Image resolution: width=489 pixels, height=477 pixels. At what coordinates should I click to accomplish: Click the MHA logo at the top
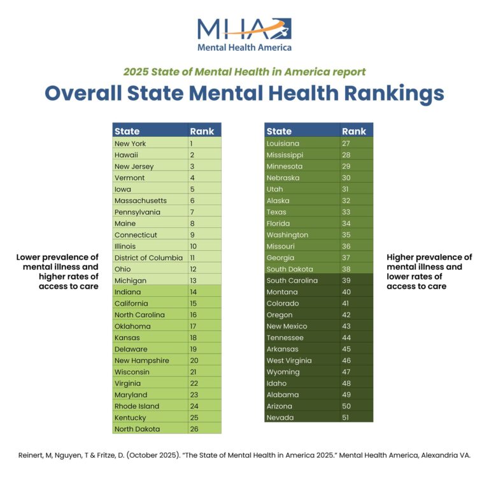point(244,33)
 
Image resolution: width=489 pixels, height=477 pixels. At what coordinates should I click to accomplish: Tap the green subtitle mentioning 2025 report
point(244,72)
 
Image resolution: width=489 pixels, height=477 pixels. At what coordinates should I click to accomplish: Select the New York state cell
point(131,143)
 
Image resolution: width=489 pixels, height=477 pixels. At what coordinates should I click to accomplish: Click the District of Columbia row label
point(148,258)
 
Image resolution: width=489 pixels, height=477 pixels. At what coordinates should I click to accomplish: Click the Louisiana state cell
point(283,143)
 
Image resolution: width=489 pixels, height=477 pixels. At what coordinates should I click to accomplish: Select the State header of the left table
point(127,131)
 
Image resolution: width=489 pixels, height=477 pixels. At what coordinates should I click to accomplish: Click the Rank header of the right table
point(354,131)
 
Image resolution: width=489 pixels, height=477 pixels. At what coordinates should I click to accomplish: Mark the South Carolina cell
point(292,281)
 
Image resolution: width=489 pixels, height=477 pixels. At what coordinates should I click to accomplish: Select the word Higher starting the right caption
point(403,258)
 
